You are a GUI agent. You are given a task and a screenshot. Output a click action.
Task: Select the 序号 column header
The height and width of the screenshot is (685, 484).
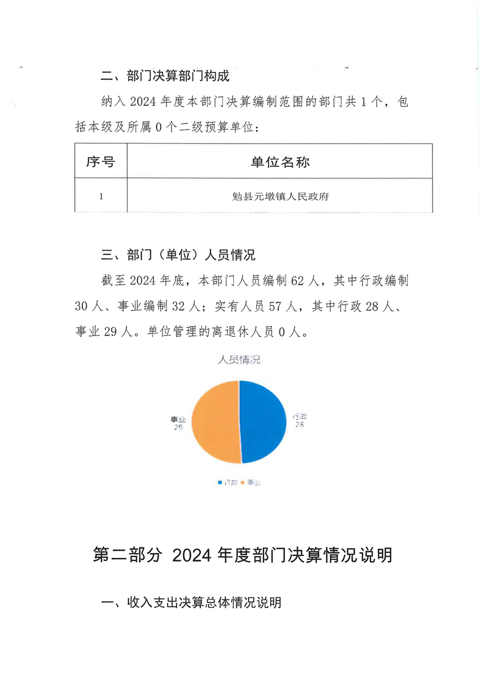(101, 162)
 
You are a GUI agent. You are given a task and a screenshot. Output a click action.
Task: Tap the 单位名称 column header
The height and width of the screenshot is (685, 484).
(280, 162)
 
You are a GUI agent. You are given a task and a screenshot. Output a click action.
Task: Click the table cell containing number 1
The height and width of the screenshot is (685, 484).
(101, 196)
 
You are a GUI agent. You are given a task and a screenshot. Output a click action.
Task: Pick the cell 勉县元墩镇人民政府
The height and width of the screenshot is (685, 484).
(280, 196)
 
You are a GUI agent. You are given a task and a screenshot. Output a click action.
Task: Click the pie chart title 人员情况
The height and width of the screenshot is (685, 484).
(239, 360)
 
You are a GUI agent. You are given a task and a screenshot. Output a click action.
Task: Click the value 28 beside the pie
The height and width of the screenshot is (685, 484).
(300, 424)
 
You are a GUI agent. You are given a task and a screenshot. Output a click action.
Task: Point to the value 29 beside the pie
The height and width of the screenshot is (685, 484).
(178, 428)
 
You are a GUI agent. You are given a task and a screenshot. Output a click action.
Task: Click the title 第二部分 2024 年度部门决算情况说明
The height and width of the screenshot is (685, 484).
(242, 555)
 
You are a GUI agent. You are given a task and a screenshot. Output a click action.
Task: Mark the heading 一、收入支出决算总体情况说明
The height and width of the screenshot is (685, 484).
(190, 603)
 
